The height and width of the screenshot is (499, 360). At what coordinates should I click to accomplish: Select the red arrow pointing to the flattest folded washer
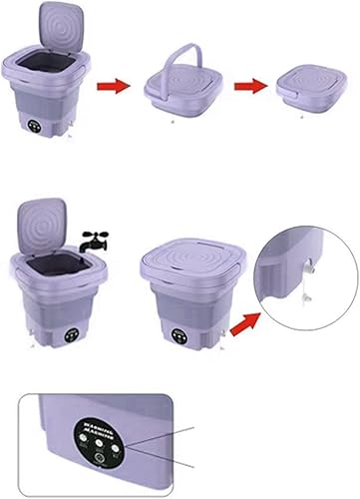pyautogui.click(x=251, y=86)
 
